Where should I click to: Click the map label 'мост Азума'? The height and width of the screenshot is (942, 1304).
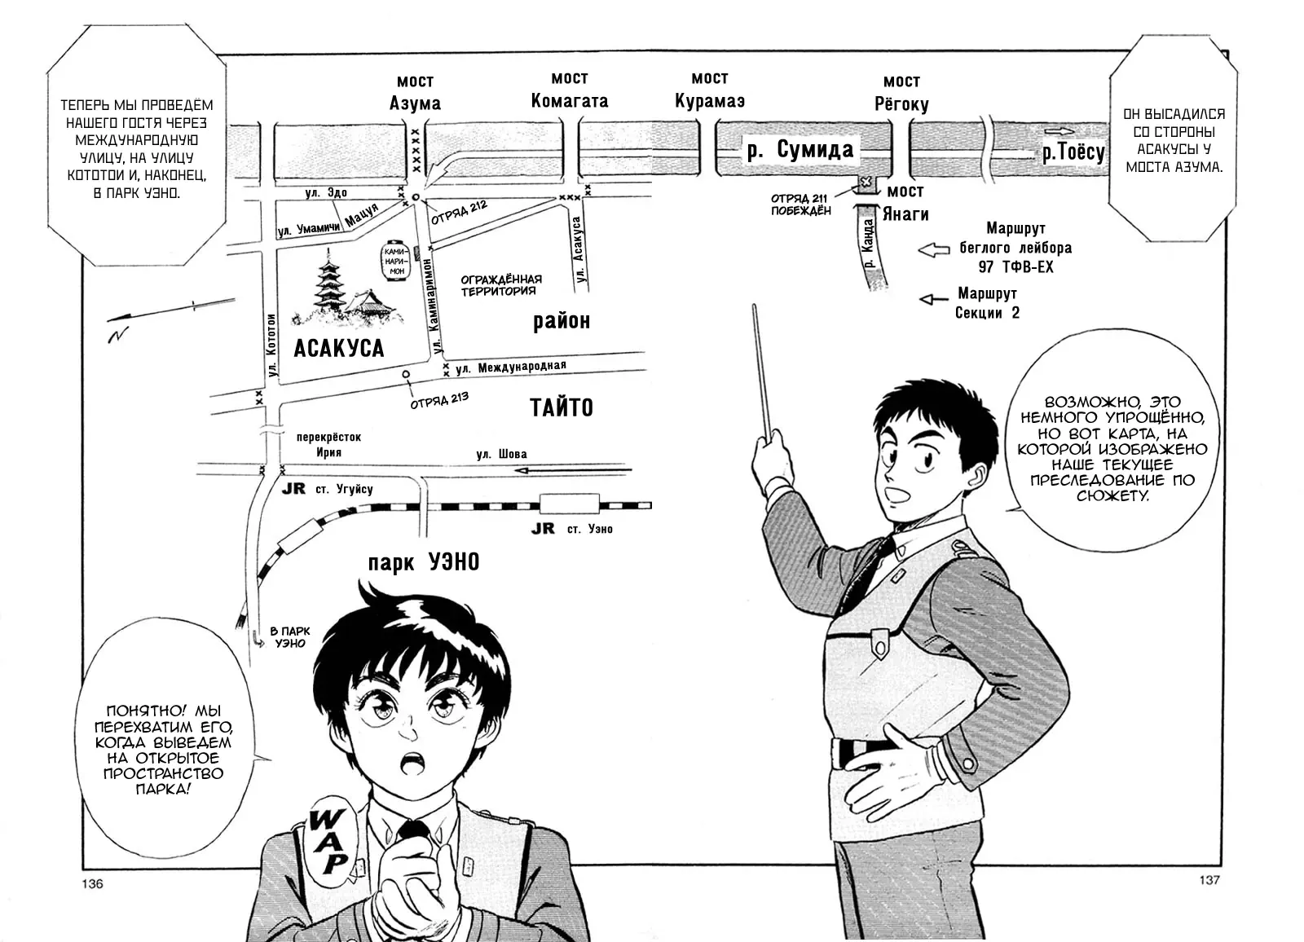415,92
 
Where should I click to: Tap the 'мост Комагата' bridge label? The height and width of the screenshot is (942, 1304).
569,90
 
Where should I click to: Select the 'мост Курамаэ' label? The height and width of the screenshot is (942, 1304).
709,90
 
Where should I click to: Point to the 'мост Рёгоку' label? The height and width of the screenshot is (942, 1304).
901,93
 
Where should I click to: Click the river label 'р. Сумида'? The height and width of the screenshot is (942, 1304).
800,150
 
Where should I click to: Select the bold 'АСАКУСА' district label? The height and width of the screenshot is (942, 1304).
338,348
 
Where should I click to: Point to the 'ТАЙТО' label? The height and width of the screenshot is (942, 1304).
562,407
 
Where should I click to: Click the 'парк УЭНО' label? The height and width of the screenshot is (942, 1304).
423,562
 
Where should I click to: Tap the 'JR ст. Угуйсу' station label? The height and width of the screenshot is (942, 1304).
328,489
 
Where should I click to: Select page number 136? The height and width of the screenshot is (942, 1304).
93,883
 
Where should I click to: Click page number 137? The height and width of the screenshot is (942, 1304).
1209,879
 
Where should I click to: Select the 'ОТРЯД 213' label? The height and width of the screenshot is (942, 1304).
439,401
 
